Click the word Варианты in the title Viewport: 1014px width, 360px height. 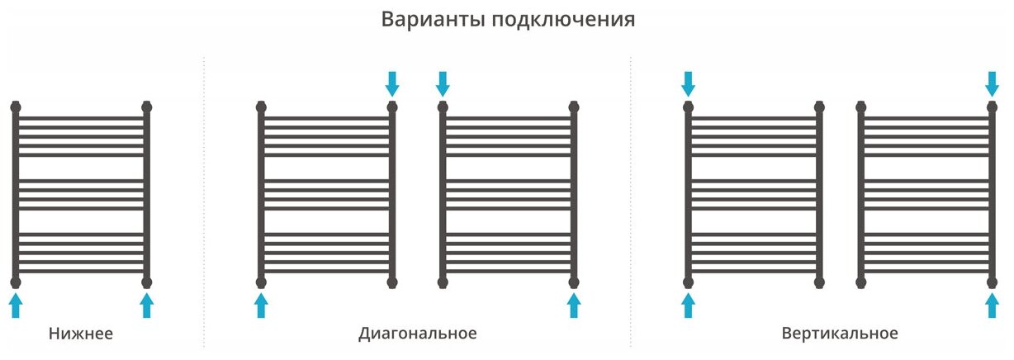point(433,20)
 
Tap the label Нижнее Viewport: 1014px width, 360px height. point(81,334)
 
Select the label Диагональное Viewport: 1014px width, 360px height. point(418,334)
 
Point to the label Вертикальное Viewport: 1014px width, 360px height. point(840,334)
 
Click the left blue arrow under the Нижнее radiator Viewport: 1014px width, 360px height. point(16,306)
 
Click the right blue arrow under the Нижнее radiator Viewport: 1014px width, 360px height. point(147,306)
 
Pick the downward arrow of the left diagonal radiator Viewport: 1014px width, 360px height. point(392,83)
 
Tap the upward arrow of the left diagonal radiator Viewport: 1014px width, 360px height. point(261,306)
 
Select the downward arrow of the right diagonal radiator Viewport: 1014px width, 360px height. point(443,83)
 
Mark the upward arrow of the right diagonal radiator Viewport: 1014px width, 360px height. point(574,306)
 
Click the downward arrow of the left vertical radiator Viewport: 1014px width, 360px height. point(688,83)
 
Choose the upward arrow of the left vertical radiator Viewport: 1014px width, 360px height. point(688,306)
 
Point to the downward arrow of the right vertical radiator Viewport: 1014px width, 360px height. point(993,83)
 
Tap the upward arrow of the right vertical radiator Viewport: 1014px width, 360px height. point(993,306)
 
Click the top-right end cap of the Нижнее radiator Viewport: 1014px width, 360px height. point(147,107)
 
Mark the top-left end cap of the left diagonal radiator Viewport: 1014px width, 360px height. point(261,107)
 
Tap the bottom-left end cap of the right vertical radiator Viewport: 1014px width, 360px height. point(861,282)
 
